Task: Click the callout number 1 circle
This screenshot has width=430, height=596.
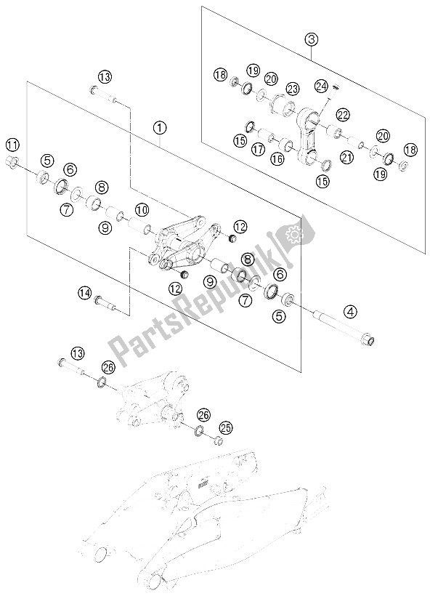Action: pyautogui.click(x=160, y=127)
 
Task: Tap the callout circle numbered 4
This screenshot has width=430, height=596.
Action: pyautogui.click(x=352, y=313)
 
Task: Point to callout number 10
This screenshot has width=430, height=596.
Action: pyautogui.click(x=142, y=210)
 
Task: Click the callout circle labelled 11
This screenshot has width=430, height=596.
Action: pyautogui.click(x=13, y=143)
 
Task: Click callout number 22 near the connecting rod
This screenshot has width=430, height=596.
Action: pyautogui.click(x=343, y=114)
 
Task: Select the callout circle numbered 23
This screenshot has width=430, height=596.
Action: pyautogui.click(x=293, y=89)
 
